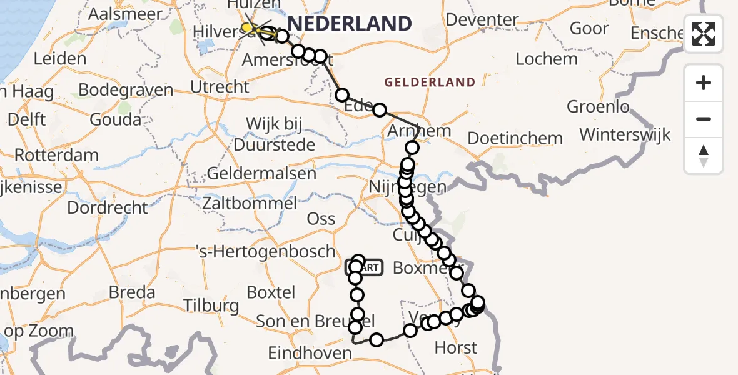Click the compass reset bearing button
(704, 156)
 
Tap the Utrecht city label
(220, 86)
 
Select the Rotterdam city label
(56, 154)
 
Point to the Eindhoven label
(310, 353)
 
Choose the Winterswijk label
(625, 134)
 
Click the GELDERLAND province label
(430, 82)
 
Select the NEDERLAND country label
(349, 24)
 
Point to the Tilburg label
(211, 306)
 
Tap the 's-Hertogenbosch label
(266, 252)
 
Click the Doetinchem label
(515, 137)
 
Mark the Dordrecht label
(108, 207)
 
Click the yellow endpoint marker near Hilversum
(248, 27)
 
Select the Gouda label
(115, 119)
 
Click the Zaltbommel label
(250, 203)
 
